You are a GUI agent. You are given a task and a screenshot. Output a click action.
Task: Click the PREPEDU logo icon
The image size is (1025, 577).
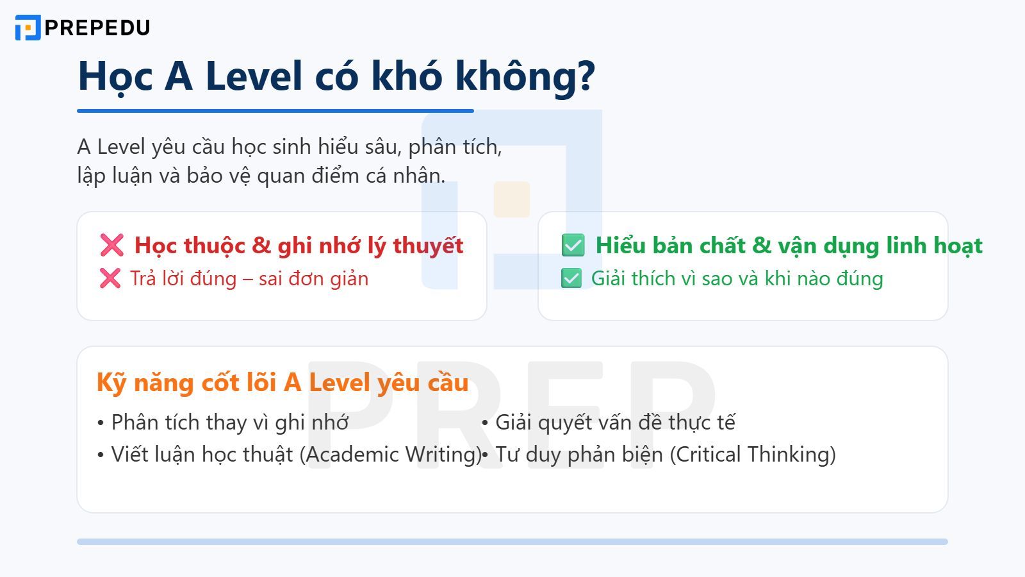click(28, 28)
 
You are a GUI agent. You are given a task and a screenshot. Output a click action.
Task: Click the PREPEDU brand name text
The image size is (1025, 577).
click(97, 28)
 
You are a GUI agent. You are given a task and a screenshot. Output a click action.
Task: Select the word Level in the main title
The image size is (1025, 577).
click(253, 76)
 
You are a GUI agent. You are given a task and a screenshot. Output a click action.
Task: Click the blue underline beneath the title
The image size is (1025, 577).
click(275, 111)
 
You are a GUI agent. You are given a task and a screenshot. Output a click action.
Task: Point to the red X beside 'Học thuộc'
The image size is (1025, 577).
click(111, 245)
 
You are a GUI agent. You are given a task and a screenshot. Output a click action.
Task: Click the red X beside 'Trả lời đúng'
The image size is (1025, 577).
click(110, 278)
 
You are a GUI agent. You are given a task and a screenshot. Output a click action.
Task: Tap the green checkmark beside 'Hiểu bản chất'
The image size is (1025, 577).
click(573, 245)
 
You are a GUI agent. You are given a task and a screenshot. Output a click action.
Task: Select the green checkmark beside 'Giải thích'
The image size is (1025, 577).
click(571, 278)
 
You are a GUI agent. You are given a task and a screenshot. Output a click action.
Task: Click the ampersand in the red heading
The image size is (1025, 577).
click(261, 246)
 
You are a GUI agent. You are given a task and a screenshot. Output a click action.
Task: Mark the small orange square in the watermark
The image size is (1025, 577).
click(512, 199)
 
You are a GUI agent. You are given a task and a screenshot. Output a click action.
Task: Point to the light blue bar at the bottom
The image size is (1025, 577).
click(512, 542)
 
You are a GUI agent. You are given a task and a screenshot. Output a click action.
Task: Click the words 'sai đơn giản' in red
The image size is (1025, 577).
click(313, 279)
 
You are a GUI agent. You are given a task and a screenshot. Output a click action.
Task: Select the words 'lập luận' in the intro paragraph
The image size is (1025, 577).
click(104, 176)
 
